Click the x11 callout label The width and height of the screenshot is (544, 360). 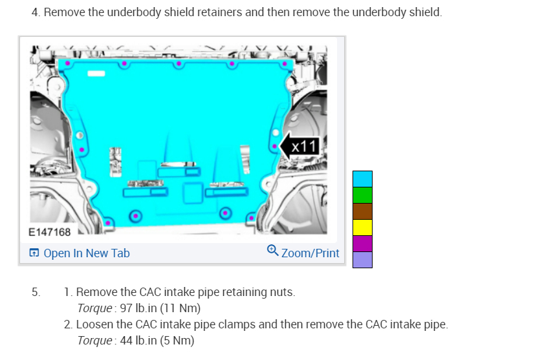[x=304, y=147]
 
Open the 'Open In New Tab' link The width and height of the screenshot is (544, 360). [x=86, y=253]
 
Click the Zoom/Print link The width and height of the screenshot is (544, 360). [x=310, y=253]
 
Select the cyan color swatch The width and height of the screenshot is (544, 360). [x=362, y=179]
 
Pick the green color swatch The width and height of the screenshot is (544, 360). [x=362, y=195]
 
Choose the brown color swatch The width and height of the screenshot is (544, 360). [x=362, y=211]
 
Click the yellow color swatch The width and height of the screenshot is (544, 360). [x=362, y=228]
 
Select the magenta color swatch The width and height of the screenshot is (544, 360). [x=362, y=244]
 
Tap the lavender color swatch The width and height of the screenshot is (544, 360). [x=362, y=260]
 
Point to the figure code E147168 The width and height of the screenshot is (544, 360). [x=50, y=232]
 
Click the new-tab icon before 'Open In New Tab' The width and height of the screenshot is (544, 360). [x=34, y=253]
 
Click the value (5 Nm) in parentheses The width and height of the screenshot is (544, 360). [x=176, y=340]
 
